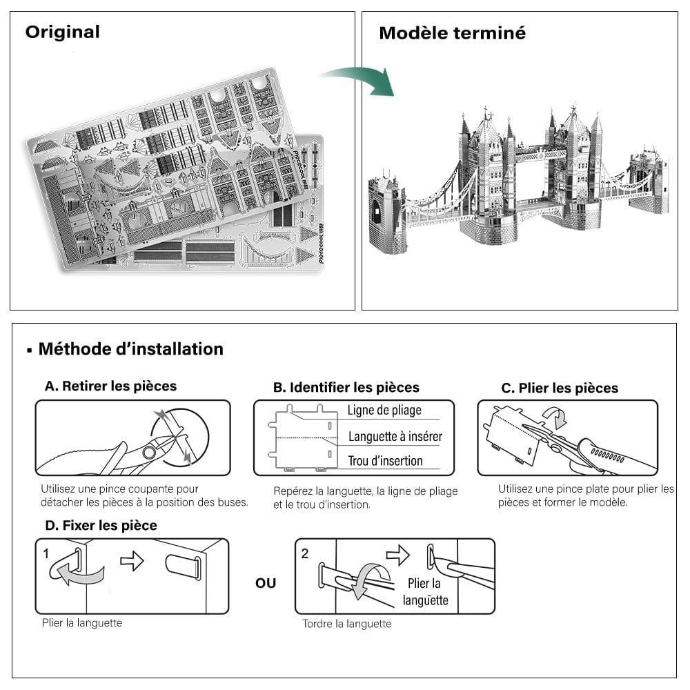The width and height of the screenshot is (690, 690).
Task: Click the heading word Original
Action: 63,32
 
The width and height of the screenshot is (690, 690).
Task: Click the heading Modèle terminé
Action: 452,33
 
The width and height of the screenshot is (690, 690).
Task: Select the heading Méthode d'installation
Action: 130,349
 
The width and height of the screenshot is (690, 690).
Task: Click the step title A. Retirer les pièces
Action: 110,386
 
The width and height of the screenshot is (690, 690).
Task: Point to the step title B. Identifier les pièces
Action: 346,388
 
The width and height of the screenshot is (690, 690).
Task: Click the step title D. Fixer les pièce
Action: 101,526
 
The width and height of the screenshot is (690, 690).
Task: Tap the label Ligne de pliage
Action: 384,411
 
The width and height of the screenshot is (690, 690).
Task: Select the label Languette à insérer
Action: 395,436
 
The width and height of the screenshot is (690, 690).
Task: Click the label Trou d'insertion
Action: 385,461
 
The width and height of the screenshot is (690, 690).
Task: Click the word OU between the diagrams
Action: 266,584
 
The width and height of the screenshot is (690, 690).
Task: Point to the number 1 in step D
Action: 46,554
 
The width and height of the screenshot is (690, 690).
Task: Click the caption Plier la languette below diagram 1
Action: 82,623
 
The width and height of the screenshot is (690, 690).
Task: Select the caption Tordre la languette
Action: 346,624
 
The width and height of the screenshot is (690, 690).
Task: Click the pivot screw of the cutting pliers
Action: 148,453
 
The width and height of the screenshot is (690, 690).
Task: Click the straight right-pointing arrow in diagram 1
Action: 132,560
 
